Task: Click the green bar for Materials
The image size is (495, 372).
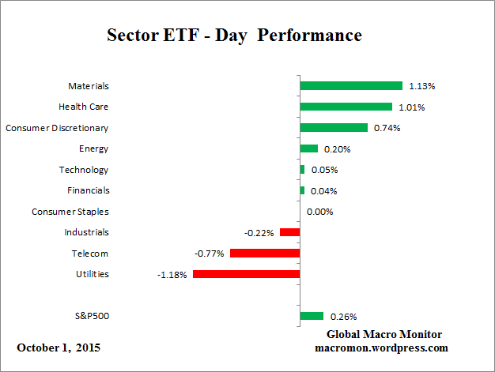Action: (351, 85)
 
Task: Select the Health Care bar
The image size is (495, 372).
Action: (346, 107)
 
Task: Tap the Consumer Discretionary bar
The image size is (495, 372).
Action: (334, 127)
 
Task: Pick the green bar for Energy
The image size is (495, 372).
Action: (309, 148)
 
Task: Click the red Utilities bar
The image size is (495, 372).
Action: (246, 274)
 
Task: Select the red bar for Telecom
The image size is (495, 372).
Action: (265, 254)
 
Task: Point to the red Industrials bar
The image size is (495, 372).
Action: (290, 232)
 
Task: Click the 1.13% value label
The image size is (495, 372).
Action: (421, 85)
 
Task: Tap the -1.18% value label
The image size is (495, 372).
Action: (173, 274)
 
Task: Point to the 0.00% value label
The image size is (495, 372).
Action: (319, 212)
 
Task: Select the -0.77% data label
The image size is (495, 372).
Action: (210, 254)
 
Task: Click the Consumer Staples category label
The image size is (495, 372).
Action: (70, 212)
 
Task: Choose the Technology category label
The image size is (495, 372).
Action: (84, 170)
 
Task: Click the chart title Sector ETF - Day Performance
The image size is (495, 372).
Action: (234, 36)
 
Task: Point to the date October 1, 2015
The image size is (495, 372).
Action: (59, 348)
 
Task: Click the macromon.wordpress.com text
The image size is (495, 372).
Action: (382, 348)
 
